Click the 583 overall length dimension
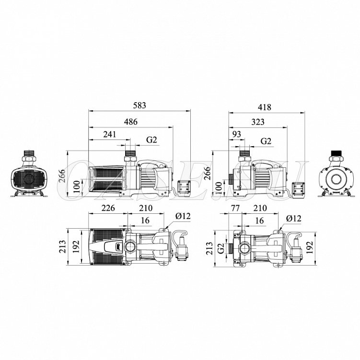coord(139,105)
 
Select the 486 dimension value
coord(131,122)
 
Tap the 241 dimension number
coord(109,134)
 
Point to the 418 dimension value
coord(264,107)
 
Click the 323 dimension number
coord(258,122)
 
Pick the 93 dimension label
coord(236,134)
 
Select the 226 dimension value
coord(108,208)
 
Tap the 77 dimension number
coord(235,208)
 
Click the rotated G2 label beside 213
coord(221,248)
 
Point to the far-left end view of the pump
coord(29,174)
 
